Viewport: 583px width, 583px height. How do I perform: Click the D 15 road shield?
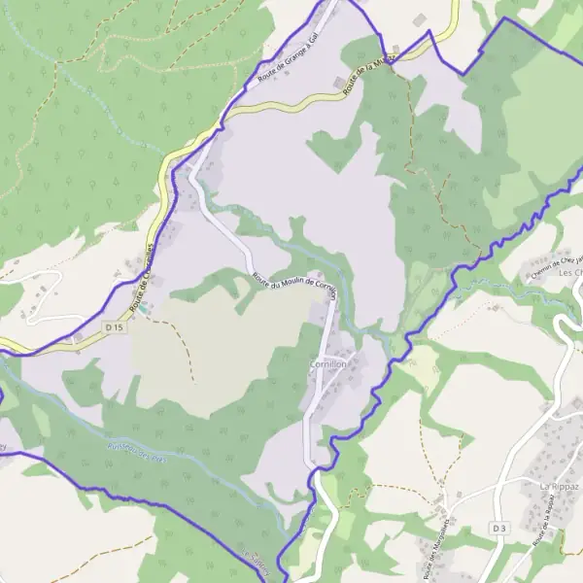point(115,327)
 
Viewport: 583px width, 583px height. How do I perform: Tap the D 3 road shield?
point(499,528)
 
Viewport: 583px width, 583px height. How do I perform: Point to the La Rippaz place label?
point(560,484)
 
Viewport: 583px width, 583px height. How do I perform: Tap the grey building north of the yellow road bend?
point(419,19)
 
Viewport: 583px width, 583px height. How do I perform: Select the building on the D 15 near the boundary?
point(76,339)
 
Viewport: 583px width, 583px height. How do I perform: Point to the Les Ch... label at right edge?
point(569,273)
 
